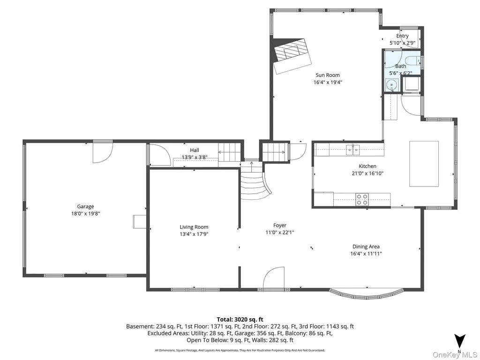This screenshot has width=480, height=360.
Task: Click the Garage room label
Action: point(85,207)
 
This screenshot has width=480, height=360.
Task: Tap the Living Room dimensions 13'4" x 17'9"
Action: point(194,234)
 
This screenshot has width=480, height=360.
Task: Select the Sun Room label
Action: point(328,75)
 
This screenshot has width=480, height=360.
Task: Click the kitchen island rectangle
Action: point(424,164)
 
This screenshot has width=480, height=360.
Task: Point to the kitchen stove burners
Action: point(362,199)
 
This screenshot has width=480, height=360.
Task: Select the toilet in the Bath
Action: point(414,61)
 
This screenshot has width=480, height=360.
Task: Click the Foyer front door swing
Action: point(273,278)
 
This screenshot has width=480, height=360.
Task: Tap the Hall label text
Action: point(195,150)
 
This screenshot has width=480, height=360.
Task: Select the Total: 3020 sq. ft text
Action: point(240,320)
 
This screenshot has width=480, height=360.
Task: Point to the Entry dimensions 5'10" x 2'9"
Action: point(402,43)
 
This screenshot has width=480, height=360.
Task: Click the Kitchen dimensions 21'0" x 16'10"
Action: point(367,173)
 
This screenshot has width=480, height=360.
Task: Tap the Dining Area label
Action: point(366,247)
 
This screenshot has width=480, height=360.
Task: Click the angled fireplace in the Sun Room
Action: point(292,56)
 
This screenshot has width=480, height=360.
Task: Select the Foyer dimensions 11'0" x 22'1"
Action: point(280,232)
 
